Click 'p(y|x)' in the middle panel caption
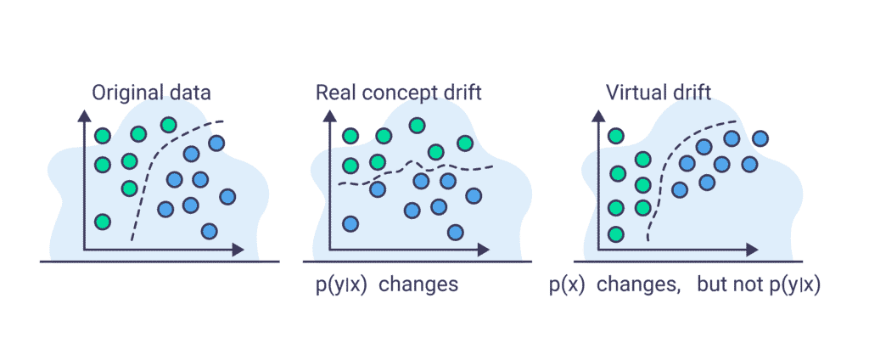340,284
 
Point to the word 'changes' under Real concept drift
418,284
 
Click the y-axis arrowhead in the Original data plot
84,115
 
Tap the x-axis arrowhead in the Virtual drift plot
752,250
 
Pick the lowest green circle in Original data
103,222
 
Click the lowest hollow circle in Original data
209,230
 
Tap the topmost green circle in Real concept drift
417,125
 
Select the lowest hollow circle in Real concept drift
456,231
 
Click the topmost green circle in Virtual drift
616,135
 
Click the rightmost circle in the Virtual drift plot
761,138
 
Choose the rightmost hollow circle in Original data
227,197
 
